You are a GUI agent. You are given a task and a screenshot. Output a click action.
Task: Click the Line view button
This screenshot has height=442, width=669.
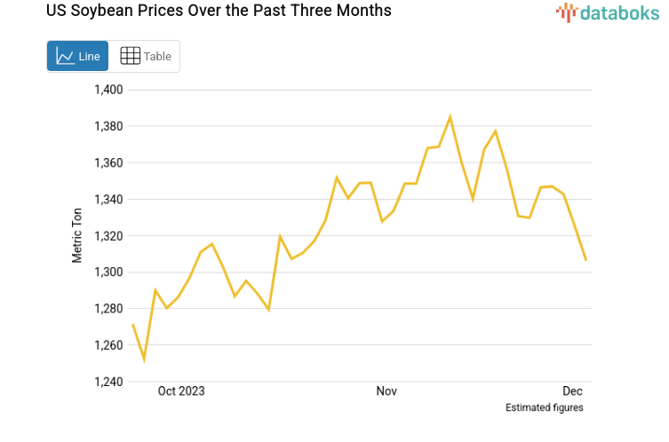(77, 56)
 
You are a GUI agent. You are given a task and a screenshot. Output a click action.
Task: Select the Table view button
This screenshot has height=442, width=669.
(145, 56)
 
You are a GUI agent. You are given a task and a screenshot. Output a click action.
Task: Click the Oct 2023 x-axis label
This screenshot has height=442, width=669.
(180, 391)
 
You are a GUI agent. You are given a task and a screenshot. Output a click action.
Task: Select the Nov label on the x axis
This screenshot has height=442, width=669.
(386, 391)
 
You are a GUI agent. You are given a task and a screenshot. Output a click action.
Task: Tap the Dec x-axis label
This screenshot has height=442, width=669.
(572, 391)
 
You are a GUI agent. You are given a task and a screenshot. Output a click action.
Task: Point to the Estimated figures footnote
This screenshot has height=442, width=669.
(544, 408)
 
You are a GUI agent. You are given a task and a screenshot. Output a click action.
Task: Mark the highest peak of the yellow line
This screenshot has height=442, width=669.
(450, 116)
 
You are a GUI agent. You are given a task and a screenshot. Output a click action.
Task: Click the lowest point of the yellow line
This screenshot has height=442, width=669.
(144, 359)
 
